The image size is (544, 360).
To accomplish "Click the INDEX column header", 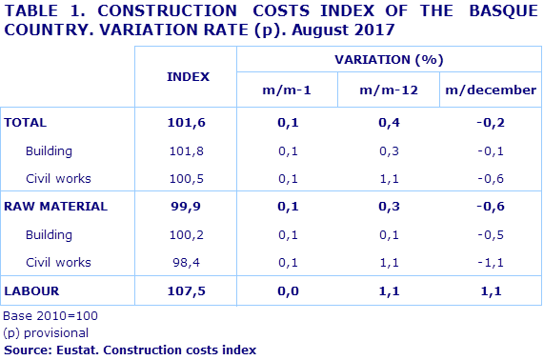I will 188,75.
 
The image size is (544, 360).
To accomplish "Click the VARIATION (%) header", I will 389,59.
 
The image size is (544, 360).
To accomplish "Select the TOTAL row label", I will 26,123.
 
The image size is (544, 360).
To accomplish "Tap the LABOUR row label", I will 30,290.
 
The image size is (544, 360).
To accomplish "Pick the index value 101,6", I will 188,123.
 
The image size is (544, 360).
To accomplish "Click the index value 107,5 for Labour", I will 188,290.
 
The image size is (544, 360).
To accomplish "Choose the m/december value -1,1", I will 491,262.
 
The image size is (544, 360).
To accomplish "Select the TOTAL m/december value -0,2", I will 491,123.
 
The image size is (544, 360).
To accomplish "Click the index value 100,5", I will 188,178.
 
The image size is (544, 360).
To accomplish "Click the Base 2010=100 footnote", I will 50,315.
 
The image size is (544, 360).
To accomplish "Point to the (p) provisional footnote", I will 47,332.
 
